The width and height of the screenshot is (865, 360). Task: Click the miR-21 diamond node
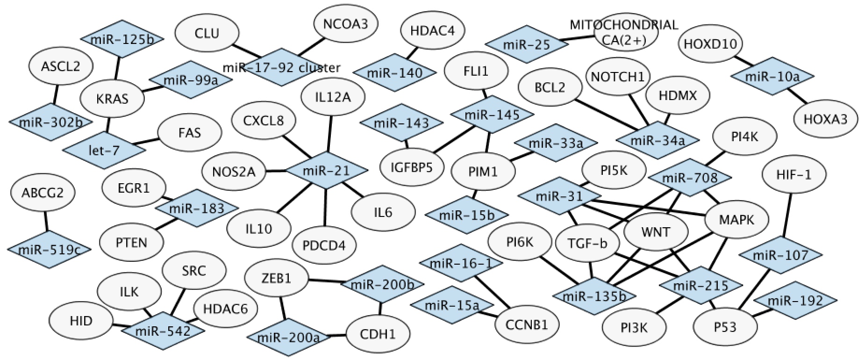coord(326,171)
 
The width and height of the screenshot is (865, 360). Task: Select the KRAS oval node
coord(112,99)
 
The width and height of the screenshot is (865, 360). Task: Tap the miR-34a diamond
coord(658,139)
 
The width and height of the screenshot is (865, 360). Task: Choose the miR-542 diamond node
coord(163,331)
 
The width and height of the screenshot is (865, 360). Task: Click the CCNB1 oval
coord(527,324)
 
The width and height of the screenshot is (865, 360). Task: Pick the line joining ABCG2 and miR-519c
coord(45,221)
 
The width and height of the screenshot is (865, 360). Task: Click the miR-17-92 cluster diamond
coord(281,67)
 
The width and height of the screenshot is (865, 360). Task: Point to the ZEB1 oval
coord(277,279)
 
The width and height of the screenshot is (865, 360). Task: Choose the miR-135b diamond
coord(593,295)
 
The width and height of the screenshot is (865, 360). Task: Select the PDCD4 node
coord(324,245)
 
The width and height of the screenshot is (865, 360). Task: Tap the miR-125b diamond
coord(122,39)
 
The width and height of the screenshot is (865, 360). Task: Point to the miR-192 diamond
coord(795,301)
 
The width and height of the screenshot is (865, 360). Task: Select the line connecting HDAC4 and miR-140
coord(411,53)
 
